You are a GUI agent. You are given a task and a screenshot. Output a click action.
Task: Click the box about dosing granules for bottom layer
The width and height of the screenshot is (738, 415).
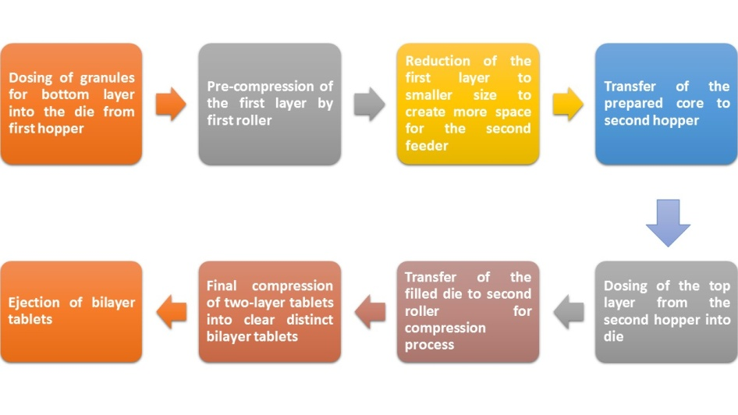tap(71, 104)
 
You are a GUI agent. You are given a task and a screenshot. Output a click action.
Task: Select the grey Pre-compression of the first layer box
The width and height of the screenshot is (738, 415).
tap(269, 104)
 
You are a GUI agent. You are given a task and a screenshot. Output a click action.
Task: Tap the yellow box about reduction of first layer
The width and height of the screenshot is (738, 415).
tap(467, 104)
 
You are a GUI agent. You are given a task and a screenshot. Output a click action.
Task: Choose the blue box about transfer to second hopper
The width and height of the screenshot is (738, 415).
tap(665, 104)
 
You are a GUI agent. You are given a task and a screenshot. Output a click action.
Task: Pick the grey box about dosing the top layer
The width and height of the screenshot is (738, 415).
tap(665, 312)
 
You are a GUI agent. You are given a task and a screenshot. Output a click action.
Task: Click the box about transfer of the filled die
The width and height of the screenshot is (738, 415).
tap(467, 312)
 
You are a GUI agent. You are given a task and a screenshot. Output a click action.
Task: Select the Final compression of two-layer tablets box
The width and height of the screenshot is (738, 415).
tap(269, 312)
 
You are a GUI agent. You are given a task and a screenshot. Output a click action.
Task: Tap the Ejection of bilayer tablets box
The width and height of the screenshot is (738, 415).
tap(71, 312)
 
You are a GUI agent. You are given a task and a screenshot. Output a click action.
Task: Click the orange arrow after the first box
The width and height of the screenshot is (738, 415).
tap(171, 104)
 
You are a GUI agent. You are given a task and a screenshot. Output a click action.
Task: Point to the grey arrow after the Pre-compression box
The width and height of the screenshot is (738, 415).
tap(369, 104)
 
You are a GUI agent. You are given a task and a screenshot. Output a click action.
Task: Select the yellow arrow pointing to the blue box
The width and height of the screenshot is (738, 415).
tap(567, 104)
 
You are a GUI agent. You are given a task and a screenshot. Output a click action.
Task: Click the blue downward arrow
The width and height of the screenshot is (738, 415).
tap(668, 222)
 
